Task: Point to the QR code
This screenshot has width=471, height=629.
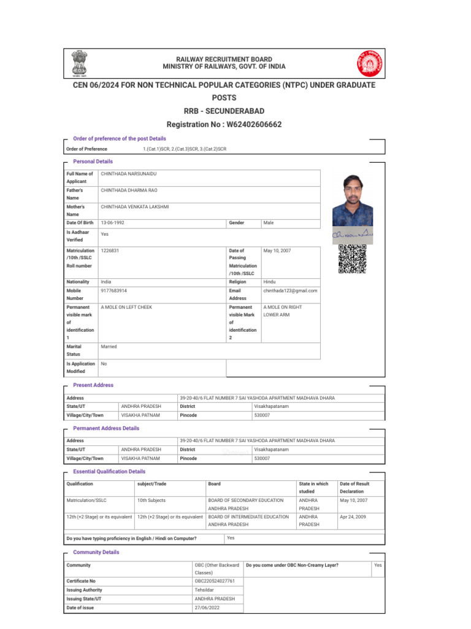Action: [x=352, y=259]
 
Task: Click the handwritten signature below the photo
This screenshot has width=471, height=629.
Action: [x=352, y=234]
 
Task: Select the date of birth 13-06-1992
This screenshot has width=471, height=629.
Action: [x=113, y=223]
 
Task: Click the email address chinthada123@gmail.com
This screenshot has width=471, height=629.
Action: [x=290, y=291]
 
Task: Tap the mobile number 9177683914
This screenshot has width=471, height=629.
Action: [x=114, y=291]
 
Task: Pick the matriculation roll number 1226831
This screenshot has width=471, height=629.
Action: [x=110, y=251]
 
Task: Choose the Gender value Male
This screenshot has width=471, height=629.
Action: [x=269, y=223]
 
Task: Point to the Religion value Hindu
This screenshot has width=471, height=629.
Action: [x=270, y=281]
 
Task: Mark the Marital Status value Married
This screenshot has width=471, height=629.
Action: [x=109, y=346]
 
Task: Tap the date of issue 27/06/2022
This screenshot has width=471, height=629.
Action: [x=207, y=608]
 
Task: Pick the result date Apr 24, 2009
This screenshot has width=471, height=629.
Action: [x=354, y=517]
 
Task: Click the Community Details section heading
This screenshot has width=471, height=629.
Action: [x=96, y=552]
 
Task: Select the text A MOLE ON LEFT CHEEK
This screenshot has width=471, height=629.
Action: [x=126, y=307]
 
